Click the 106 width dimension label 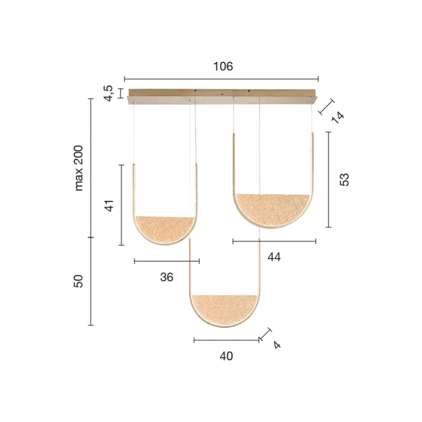[223, 66]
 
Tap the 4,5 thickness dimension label [109, 93]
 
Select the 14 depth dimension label [338, 117]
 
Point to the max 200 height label [78, 168]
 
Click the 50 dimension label [78, 281]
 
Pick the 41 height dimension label [109, 206]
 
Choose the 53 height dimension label [344, 179]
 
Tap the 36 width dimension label [167, 277]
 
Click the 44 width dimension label [274, 257]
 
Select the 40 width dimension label [226, 356]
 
